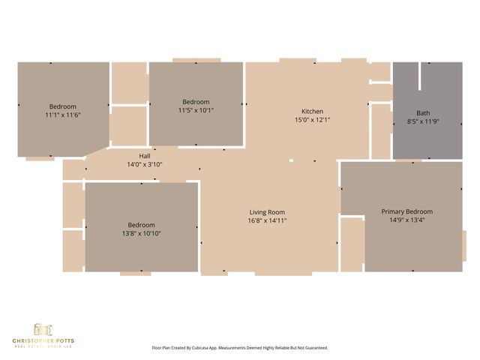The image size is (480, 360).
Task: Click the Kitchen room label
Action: (312, 111)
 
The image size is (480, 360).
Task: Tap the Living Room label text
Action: (266, 212)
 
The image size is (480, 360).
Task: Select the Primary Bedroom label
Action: (406, 211)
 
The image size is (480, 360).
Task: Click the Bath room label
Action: (423, 112)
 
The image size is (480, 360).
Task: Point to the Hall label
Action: (124, 155)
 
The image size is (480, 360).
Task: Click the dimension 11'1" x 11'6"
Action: (63, 115)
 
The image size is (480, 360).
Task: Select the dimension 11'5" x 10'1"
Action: (196, 110)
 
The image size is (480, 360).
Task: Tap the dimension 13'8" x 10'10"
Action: (141, 234)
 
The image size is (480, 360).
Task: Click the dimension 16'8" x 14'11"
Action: (266, 221)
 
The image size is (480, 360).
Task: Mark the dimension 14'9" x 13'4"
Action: (406, 220)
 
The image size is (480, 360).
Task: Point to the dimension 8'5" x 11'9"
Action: (423, 121)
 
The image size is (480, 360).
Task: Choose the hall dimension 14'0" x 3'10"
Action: (124, 164)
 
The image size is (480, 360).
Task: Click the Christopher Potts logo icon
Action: (43, 330)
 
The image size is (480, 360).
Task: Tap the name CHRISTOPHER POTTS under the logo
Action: (43, 341)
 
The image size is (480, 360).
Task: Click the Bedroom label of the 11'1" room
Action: (63, 106)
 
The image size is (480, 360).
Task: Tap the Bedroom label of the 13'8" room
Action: (141, 225)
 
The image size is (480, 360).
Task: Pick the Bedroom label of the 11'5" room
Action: (196, 101)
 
